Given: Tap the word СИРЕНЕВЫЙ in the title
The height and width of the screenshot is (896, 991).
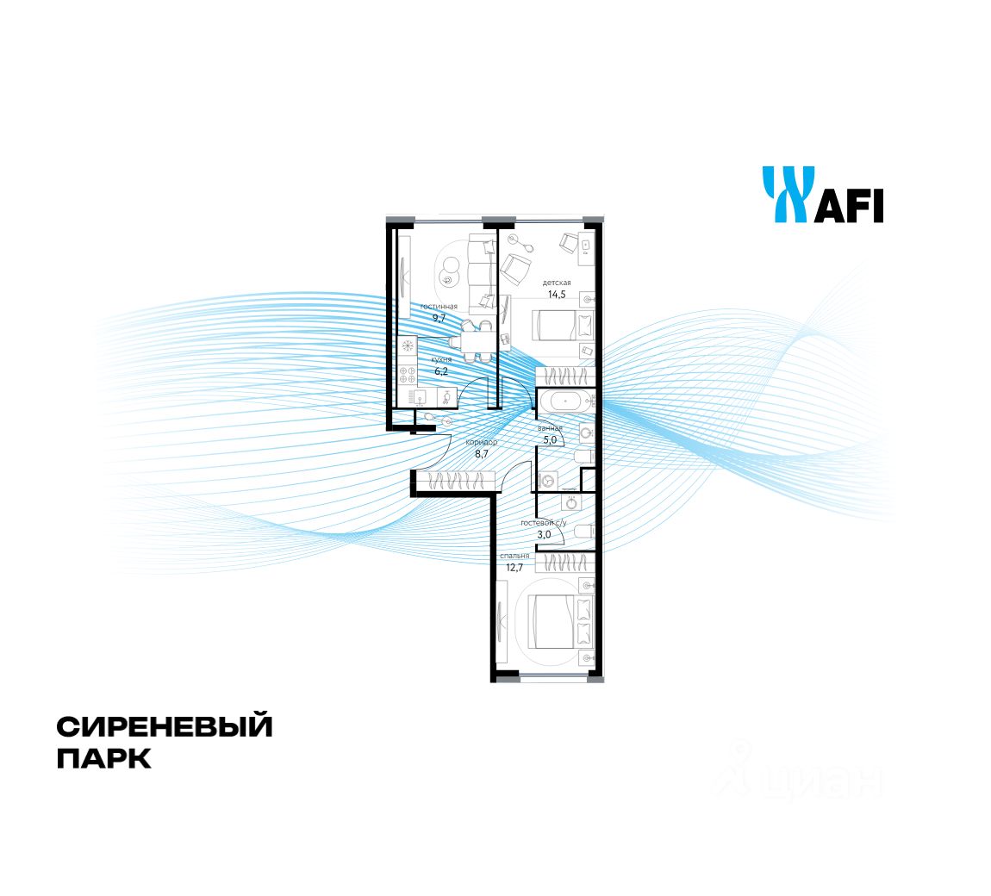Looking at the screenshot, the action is point(165,726).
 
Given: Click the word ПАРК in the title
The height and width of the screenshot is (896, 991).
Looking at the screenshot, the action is point(103,759).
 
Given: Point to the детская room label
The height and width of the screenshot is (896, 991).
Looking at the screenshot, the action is point(557,283).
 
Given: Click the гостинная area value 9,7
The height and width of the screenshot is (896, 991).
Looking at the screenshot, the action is point(439,318).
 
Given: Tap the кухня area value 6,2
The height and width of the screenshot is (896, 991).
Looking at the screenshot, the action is point(441,371).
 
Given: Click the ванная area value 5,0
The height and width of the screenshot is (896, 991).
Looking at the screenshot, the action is point(549,439).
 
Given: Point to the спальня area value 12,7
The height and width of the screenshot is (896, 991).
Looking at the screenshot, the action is point(515,567).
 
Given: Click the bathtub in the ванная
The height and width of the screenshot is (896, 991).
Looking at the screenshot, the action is point(565,400).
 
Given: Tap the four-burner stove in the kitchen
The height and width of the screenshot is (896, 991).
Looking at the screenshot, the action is point(408,374).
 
